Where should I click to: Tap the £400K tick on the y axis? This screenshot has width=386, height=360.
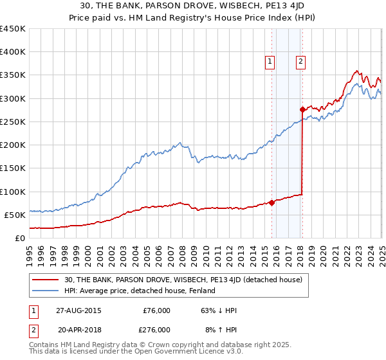tap(13, 52)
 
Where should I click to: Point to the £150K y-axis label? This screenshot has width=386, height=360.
tap(13, 168)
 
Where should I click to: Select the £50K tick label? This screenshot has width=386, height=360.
tap(15, 215)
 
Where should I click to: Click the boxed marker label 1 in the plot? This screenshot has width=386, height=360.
tap(269, 62)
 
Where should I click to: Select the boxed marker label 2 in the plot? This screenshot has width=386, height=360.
tap(300, 62)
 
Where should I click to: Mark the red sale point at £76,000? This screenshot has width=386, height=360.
tap(271, 203)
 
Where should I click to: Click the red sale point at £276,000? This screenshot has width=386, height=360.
tap(302, 110)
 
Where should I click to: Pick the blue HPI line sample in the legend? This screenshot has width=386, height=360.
tap(46, 291)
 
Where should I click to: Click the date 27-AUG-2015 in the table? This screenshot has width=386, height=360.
tap(79, 310)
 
